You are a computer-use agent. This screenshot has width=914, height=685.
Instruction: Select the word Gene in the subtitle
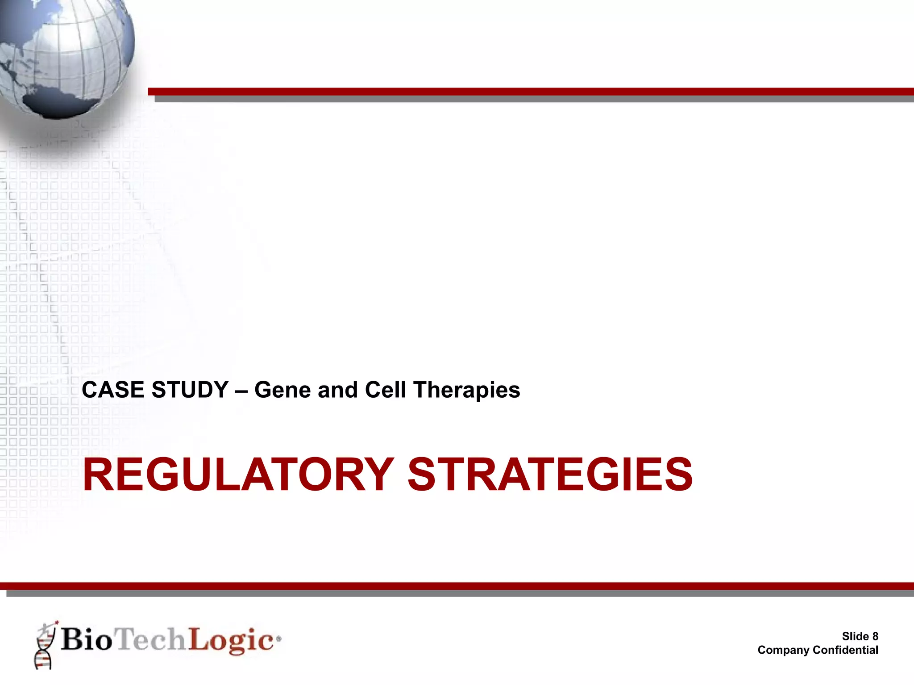(282, 390)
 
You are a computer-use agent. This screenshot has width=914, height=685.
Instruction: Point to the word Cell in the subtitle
(386, 390)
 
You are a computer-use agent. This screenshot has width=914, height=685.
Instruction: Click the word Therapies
(467, 391)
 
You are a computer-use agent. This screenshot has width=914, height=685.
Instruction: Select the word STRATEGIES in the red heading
(550, 475)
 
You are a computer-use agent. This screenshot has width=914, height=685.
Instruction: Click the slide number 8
(875, 636)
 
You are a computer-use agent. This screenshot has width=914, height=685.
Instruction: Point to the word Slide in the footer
(855, 636)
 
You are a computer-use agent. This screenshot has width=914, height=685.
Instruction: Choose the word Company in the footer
(783, 650)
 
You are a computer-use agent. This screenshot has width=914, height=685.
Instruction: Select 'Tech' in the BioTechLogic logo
(151, 639)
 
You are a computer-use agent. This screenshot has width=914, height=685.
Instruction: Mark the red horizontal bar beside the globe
(531, 92)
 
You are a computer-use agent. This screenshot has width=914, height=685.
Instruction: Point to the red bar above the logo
(457, 586)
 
